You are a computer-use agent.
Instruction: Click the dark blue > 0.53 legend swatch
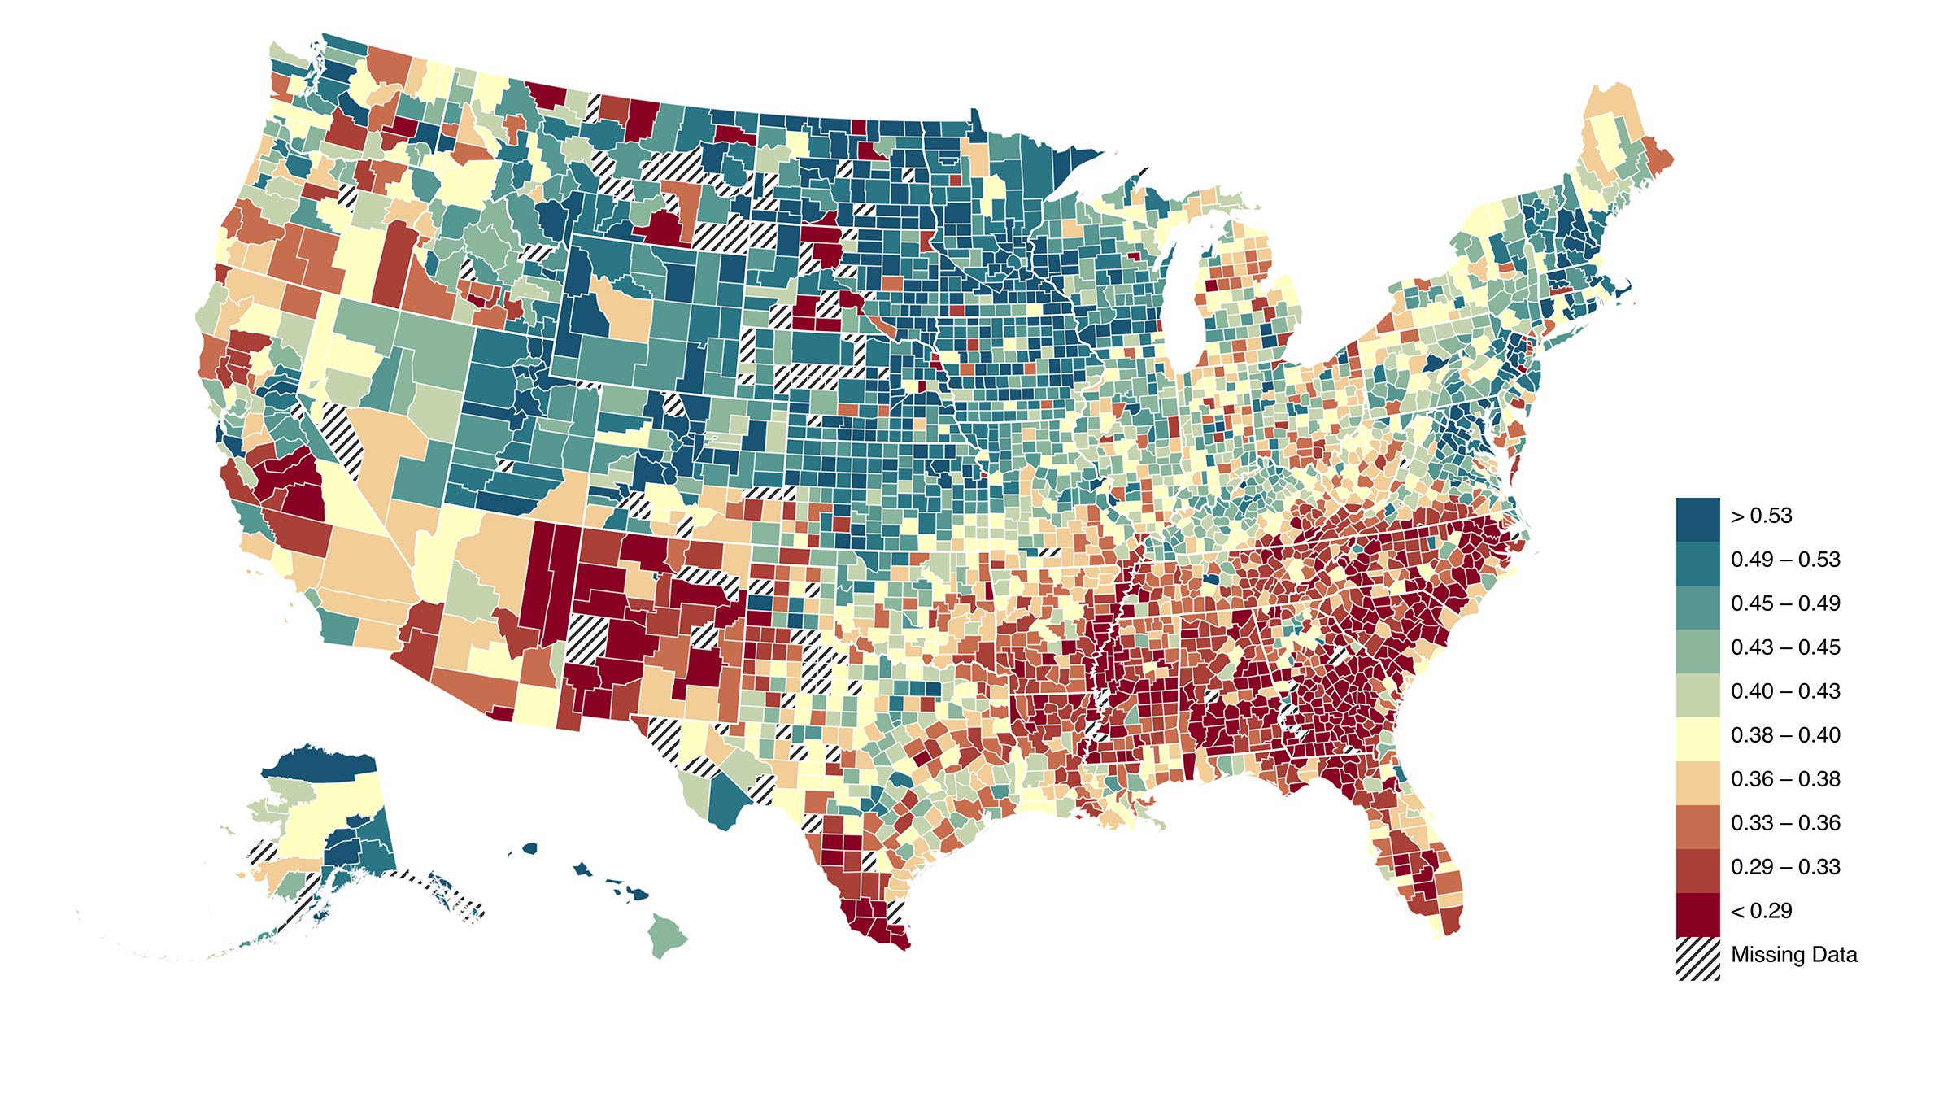pos(1697,519)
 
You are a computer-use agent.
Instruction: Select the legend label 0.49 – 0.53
pos(1785,560)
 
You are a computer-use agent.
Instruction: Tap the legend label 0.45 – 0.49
pos(1785,604)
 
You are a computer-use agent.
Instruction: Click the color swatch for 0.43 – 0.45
pos(1697,651)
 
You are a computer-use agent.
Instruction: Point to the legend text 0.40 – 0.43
pos(1785,692)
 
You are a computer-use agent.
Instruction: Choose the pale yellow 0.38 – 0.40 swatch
pos(1697,739)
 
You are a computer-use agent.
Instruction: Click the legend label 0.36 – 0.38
pos(1785,780)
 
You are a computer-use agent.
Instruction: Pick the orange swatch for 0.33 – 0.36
pos(1697,826)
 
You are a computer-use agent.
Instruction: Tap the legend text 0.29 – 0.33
pos(1785,868)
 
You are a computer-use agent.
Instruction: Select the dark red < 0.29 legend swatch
pos(1697,914)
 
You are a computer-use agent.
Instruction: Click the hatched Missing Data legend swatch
pos(1697,958)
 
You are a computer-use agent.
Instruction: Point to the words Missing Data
pos(1794,955)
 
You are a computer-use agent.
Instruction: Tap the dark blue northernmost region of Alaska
pos(321,765)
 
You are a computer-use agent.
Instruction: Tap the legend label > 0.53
pos(1761,516)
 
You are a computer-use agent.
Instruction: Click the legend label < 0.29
pos(1761,912)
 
